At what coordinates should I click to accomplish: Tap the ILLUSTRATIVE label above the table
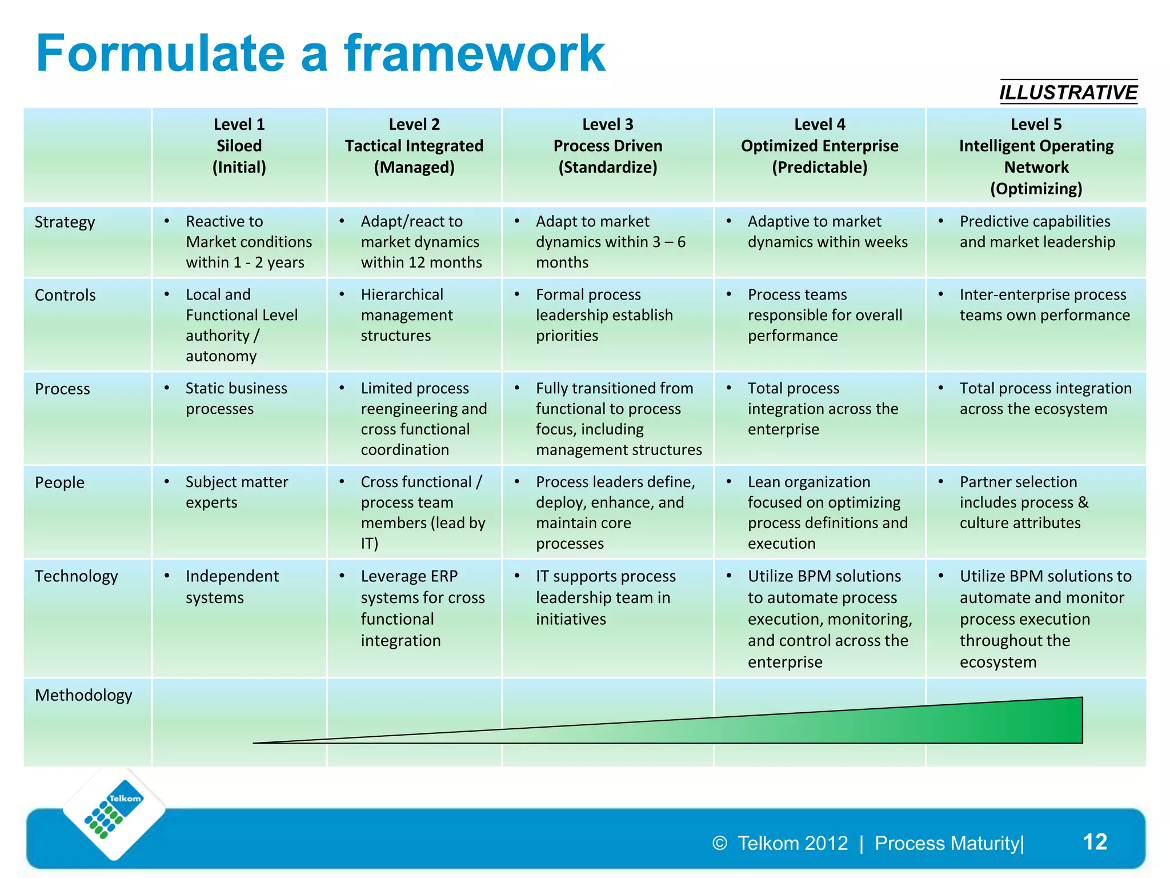click(x=1068, y=92)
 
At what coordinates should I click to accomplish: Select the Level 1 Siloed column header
click(x=239, y=146)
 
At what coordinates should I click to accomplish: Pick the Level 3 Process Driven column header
click(x=607, y=146)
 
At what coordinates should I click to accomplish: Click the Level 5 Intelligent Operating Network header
click(x=1036, y=156)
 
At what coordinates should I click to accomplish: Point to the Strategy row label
click(x=65, y=222)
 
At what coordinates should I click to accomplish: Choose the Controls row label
click(x=65, y=295)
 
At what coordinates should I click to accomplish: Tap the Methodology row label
click(x=83, y=695)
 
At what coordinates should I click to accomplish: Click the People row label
click(x=59, y=482)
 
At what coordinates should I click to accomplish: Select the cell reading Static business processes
click(x=236, y=398)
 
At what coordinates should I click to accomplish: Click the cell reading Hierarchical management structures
click(x=406, y=315)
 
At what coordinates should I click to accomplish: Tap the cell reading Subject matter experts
click(x=236, y=492)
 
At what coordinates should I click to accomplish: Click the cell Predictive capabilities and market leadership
click(x=1036, y=232)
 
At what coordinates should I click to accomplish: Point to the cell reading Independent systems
click(x=231, y=586)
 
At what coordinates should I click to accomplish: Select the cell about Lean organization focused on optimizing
click(x=827, y=513)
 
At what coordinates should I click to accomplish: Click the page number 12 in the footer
click(x=1095, y=842)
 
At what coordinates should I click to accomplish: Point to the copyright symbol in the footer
click(x=719, y=843)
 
